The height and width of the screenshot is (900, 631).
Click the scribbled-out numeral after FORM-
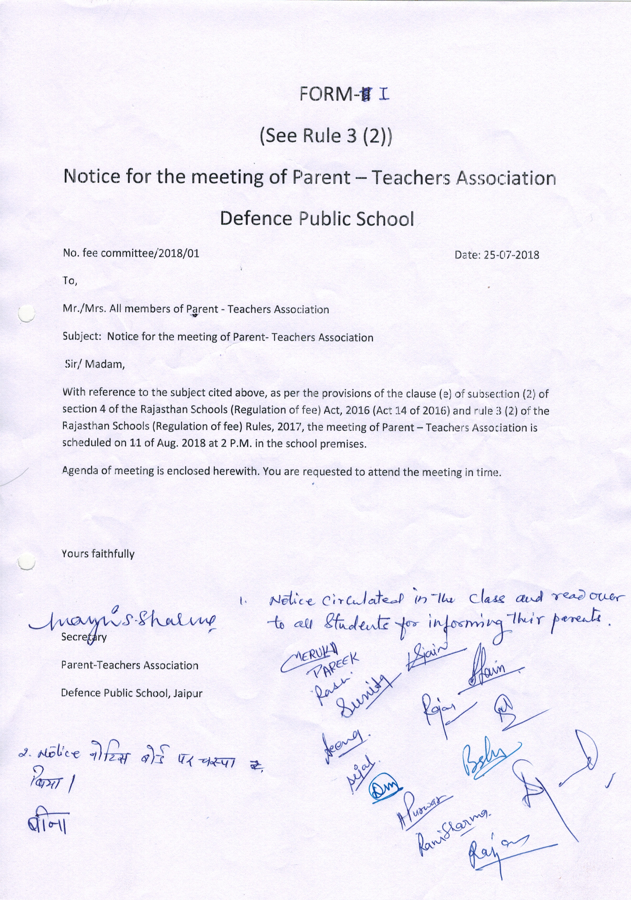(x=367, y=95)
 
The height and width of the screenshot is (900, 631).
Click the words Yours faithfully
(x=98, y=554)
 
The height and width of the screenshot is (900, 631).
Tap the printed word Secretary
(x=84, y=637)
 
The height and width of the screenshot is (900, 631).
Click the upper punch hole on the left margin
(x=27, y=313)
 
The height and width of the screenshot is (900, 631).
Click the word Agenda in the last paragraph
(x=81, y=471)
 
